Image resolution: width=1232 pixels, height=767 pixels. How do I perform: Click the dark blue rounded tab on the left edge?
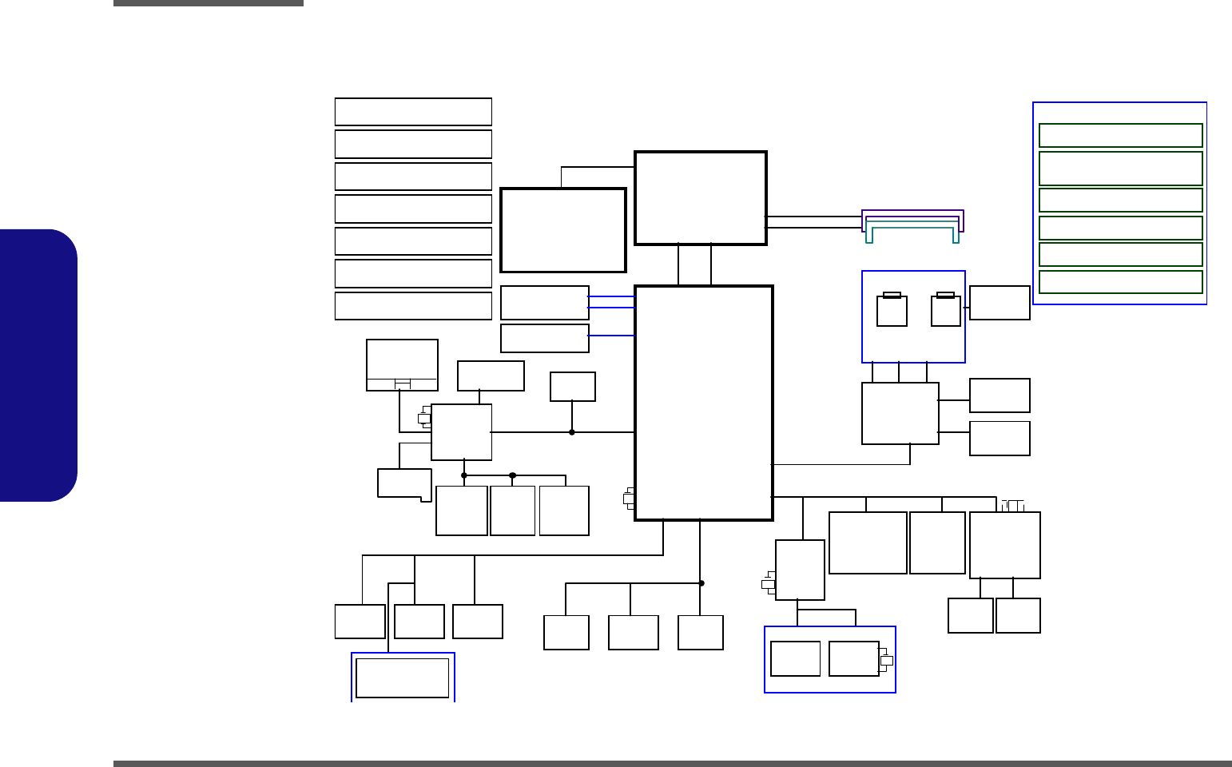(38, 365)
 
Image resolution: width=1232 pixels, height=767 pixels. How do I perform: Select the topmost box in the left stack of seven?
(413, 112)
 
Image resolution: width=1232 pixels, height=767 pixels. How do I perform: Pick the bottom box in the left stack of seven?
(413, 306)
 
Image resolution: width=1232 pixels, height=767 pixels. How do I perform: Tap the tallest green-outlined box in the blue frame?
(1120, 169)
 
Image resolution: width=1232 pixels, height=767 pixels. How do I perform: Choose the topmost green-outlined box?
(1120, 136)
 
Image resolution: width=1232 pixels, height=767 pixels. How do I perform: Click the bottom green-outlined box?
(1120, 282)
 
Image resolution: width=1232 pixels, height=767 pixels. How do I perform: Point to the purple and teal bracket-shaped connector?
(912, 225)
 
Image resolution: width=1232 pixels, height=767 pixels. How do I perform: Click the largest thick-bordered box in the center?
(703, 403)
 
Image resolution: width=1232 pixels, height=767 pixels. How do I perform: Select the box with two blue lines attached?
(545, 303)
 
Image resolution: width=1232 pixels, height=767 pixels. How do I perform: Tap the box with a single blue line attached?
(545, 338)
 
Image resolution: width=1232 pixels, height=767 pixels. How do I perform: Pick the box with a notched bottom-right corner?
(403, 483)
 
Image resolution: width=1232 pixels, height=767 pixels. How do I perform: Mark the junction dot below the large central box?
(701, 583)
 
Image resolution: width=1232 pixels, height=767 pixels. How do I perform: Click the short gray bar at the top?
(209, 3)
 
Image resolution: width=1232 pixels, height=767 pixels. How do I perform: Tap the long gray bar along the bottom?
(672, 764)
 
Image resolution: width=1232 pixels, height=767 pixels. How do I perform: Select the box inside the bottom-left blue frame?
(402, 678)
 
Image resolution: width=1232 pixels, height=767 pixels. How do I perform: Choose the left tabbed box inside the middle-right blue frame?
(892, 310)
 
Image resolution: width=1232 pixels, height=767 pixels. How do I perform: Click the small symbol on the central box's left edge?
(629, 499)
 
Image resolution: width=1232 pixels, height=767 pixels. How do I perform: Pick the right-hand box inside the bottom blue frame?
(854, 659)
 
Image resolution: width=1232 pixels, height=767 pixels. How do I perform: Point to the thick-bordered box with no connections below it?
(562, 230)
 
